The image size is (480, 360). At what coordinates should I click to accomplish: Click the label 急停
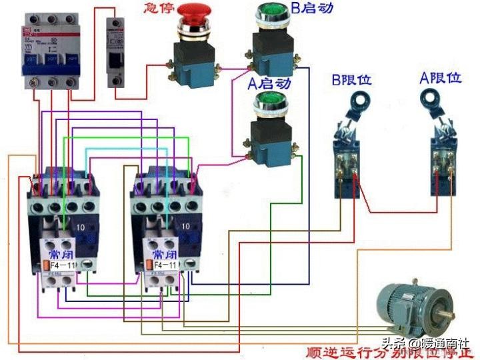click(x=157, y=9)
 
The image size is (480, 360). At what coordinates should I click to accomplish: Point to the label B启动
click(x=313, y=9)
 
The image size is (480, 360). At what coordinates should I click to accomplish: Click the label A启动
click(x=269, y=84)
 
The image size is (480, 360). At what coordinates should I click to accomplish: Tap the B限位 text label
click(x=352, y=80)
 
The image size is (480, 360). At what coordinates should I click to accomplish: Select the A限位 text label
click(x=440, y=77)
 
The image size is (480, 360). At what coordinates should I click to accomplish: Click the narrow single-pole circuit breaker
click(x=117, y=51)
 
